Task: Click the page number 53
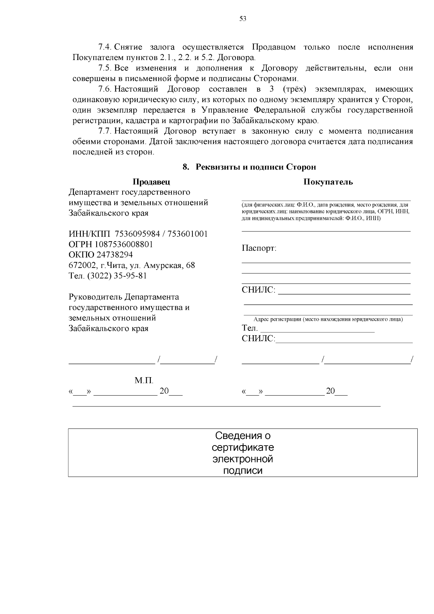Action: pyautogui.click(x=243, y=19)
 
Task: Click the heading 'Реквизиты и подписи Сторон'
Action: pyautogui.click(x=256, y=167)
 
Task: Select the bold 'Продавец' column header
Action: pyautogui.click(x=151, y=182)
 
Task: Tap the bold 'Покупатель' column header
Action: pyautogui.click(x=328, y=182)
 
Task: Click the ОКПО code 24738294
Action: pyautogui.click(x=114, y=255)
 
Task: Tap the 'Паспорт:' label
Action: pyautogui.click(x=259, y=248)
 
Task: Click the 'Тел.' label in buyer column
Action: pyautogui.click(x=250, y=328)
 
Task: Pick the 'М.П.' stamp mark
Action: pyautogui.click(x=144, y=380)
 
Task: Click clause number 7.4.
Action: pyautogui.click(x=106, y=47)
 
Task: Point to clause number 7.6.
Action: pyautogui.click(x=106, y=89)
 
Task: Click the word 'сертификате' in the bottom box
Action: pyautogui.click(x=243, y=447)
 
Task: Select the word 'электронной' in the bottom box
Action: pyautogui.click(x=243, y=459)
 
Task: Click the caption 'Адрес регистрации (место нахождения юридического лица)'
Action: pyautogui.click(x=328, y=319)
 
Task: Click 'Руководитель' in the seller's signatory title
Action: pyautogui.click(x=95, y=297)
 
